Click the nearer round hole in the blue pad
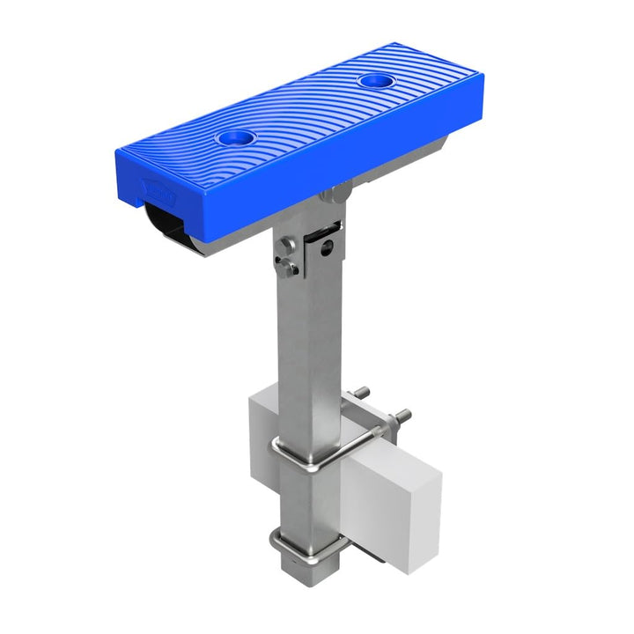click(x=235, y=138)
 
